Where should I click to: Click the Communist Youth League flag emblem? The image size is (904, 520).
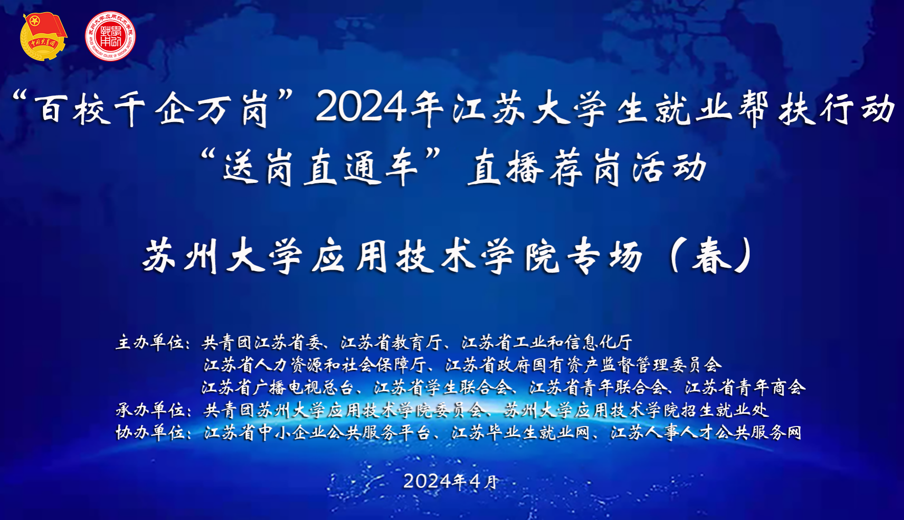coord(43,36)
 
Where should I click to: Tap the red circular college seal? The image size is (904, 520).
coord(110,36)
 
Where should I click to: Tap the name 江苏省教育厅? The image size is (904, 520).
coord(391,342)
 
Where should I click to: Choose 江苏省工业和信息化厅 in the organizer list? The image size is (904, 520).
coord(546,342)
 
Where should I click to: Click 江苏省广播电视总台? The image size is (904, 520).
coord(277,387)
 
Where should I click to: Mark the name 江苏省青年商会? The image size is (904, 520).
coord(745,387)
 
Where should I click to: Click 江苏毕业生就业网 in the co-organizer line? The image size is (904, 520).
coord(520,432)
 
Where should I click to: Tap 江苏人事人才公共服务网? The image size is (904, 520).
coord(706,432)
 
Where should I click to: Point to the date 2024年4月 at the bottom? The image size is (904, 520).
coord(450,481)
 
